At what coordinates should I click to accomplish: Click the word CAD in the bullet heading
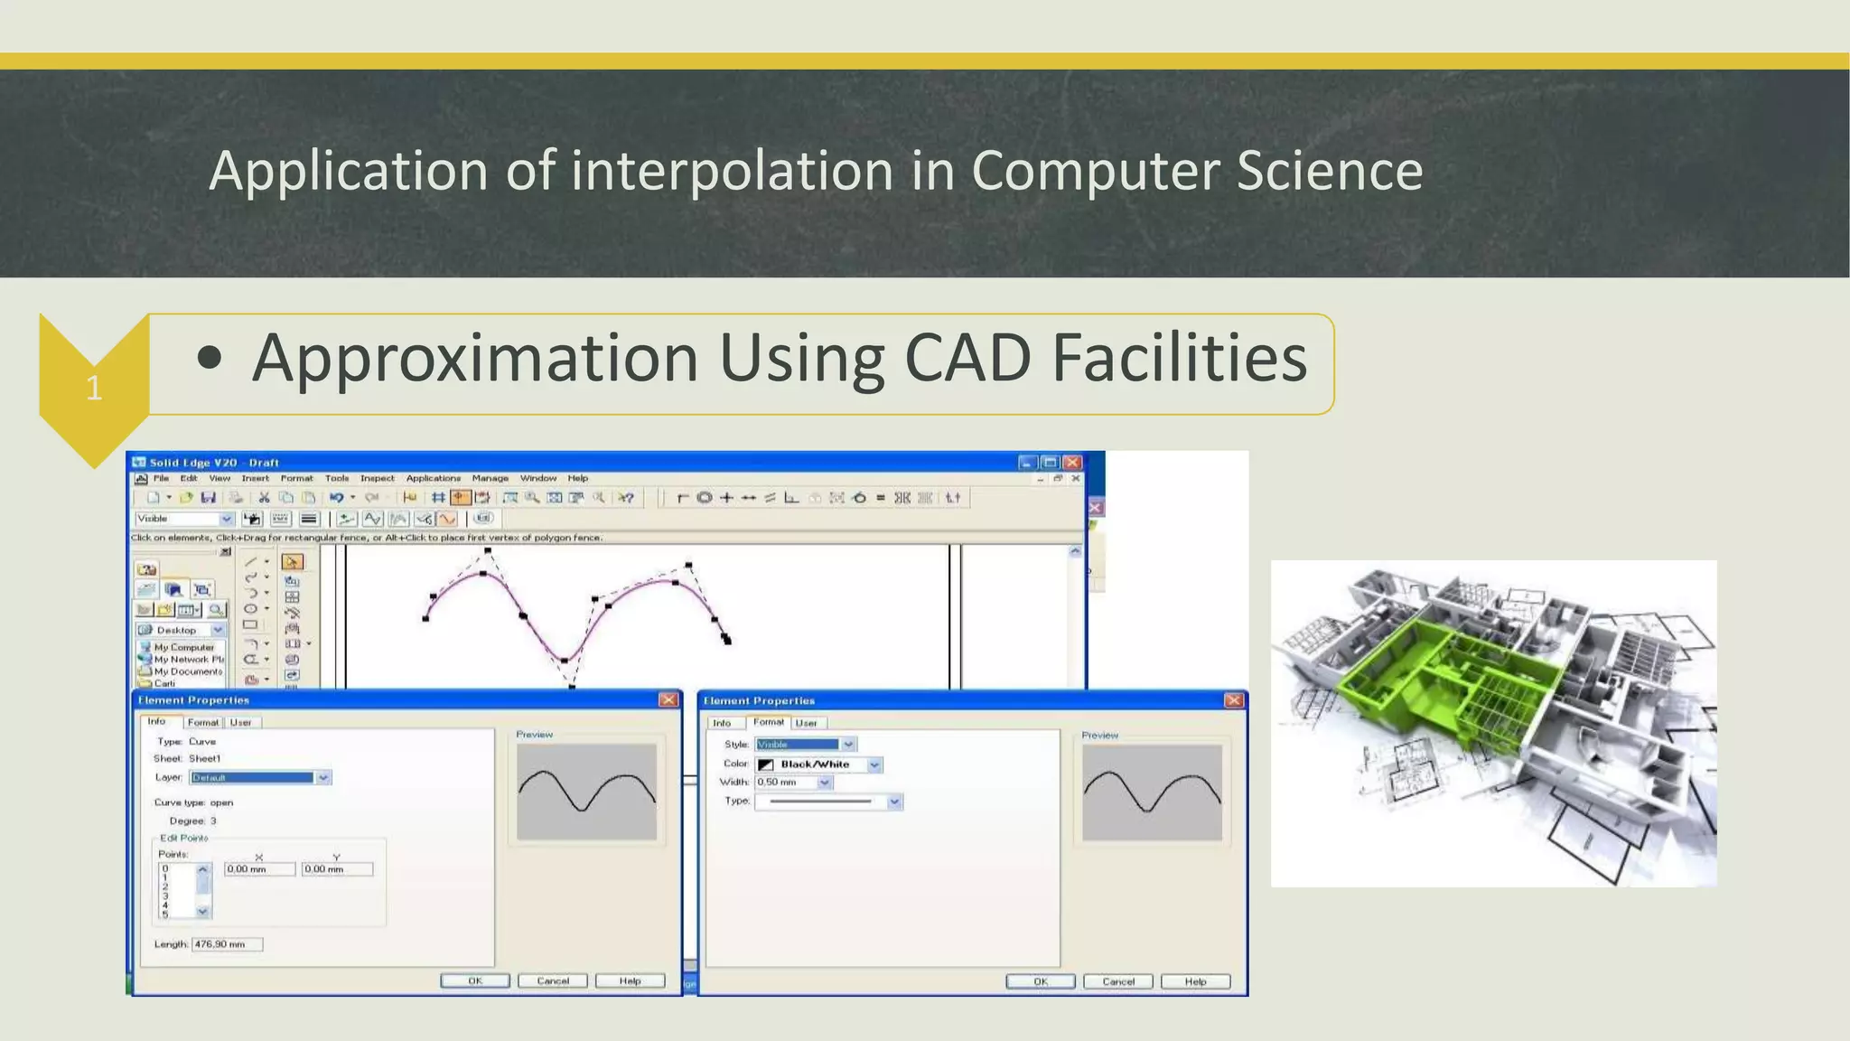pos(967,359)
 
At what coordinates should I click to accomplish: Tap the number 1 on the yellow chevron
pos(94,389)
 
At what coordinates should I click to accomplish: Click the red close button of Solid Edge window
pos(1072,463)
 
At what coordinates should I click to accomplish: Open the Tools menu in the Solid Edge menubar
pos(337,479)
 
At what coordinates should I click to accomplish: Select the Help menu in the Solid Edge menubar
pos(578,479)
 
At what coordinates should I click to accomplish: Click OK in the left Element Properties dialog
pos(475,981)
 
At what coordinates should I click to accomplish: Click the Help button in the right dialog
pos(1195,982)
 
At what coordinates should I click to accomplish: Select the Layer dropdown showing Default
pos(260,778)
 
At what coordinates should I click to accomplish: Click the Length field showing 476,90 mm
pos(226,944)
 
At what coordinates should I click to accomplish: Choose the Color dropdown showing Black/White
pos(818,764)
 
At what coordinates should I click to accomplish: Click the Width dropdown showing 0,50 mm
pos(793,783)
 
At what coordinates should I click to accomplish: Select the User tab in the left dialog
pos(241,723)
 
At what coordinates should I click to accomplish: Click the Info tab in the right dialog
pos(722,724)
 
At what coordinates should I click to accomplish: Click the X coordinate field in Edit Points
pos(259,869)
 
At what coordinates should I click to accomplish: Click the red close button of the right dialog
pos(1234,701)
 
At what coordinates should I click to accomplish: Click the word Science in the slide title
pos(1329,171)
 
